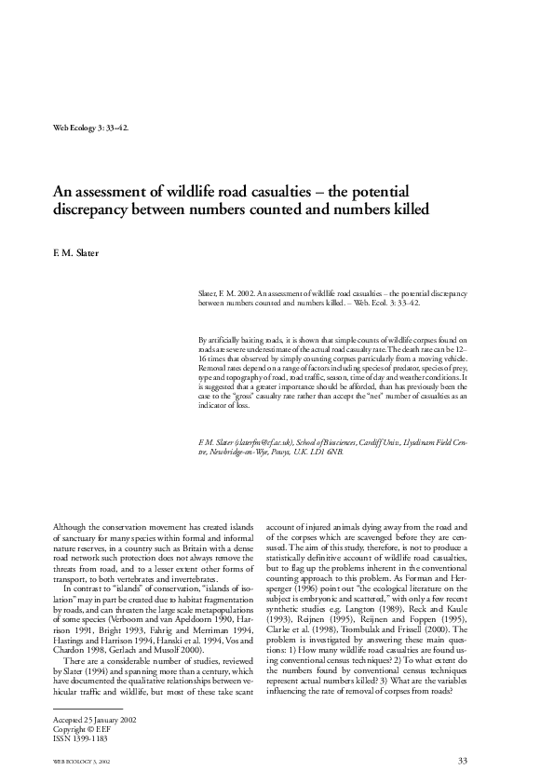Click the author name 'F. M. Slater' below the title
coord(74,251)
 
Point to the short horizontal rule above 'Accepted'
coord(82,710)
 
